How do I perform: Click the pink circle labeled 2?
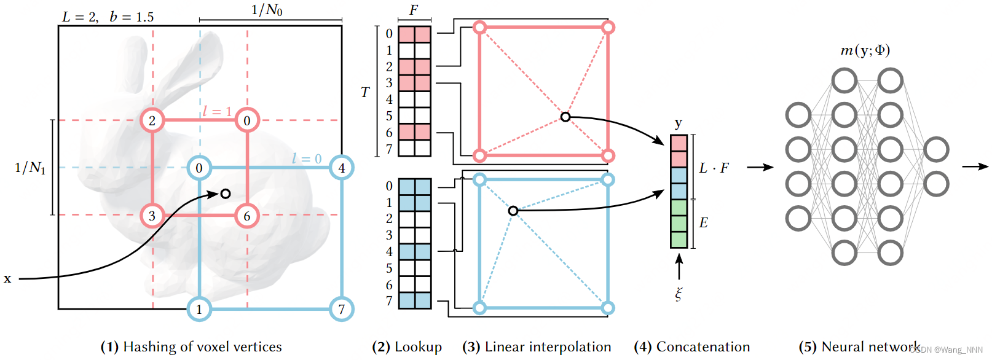coord(152,120)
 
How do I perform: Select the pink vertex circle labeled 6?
coord(247,216)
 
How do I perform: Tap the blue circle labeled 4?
coord(342,168)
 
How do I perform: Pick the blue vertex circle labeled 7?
coord(342,309)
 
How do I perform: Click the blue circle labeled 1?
coord(199,309)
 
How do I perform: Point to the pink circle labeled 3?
coord(152,216)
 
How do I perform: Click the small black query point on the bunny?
coord(226,194)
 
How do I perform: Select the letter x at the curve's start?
coord(7,278)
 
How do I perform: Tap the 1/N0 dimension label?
coord(267,10)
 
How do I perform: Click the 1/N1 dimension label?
coord(30,167)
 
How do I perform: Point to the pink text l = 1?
coord(217,111)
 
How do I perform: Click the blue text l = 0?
coord(307,158)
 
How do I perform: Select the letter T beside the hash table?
coord(365,92)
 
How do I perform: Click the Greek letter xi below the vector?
coord(679,294)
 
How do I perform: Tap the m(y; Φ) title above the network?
coord(865,50)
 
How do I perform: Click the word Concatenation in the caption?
coord(703,347)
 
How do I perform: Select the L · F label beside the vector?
coord(714,168)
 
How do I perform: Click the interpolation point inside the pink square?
coord(565,117)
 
